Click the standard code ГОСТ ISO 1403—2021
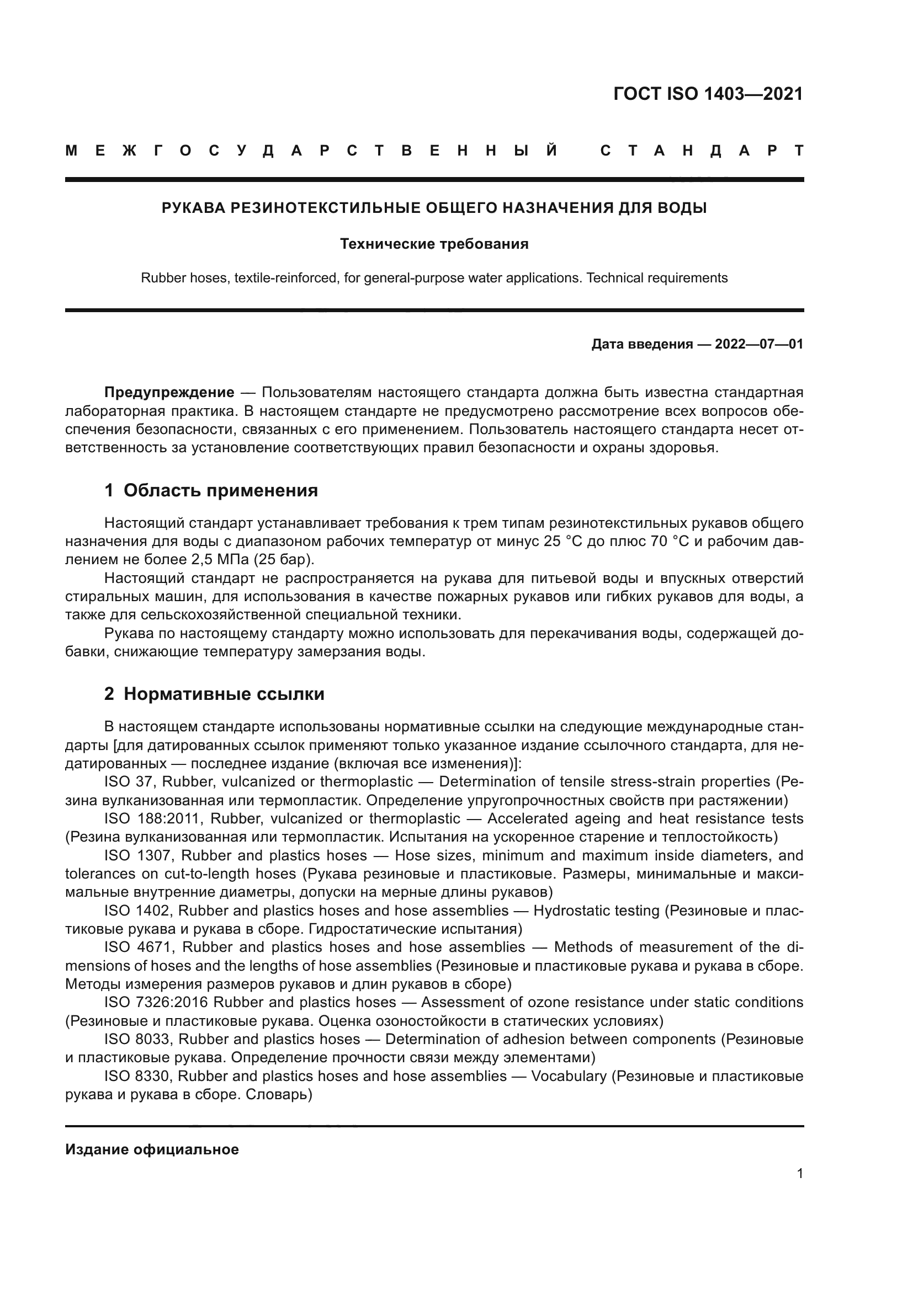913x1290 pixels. tap(708, 94)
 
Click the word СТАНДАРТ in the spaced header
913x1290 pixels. tap(702, 151)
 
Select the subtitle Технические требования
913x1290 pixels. tap(434, 244)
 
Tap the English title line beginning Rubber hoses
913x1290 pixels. tap(434, 278)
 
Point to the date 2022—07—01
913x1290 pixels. tap(759, 344)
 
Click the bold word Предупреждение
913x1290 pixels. tap(169, 392)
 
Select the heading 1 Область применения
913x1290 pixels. tap(211, 490)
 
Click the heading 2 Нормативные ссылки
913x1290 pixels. tap(214, 694)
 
